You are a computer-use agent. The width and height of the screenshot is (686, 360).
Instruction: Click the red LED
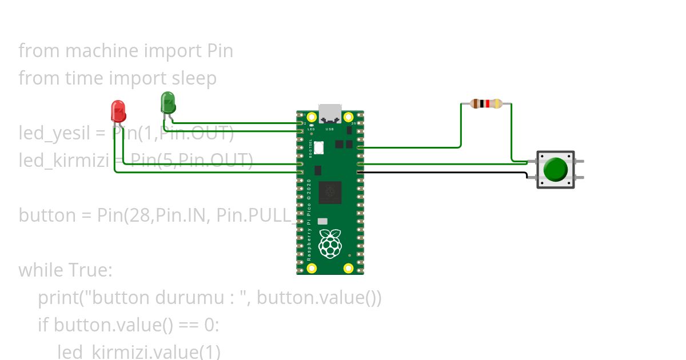[118, 111]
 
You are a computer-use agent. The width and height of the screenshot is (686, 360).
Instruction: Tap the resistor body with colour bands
[486, 103]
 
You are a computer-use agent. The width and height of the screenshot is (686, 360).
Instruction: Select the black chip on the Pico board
[330, 192]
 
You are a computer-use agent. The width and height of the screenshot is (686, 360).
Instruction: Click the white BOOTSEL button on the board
[318, 147]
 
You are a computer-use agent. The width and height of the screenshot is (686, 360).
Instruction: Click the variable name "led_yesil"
[54, 134]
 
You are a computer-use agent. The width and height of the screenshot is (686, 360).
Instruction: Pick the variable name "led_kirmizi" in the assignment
[63, 161]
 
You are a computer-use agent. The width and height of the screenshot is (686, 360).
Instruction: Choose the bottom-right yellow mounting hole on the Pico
[348, 268]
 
